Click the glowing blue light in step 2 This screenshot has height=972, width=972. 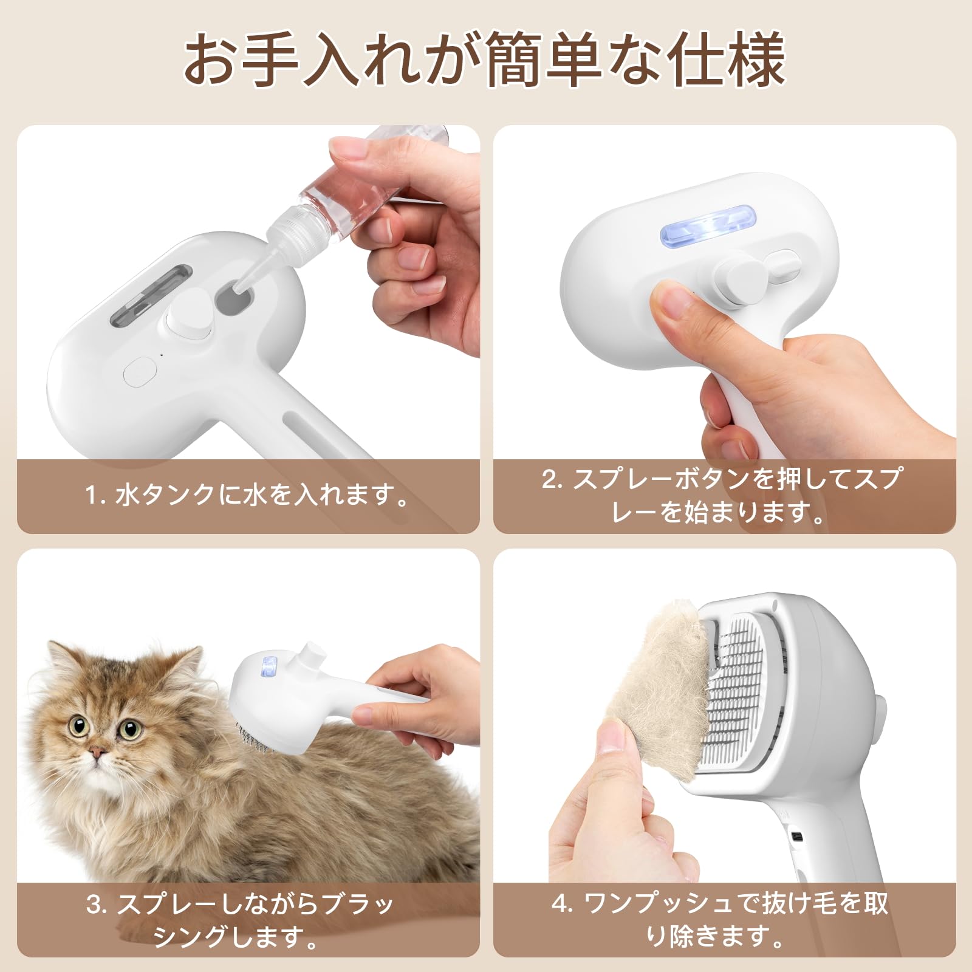pyautogui.click(x=708, y=231)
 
